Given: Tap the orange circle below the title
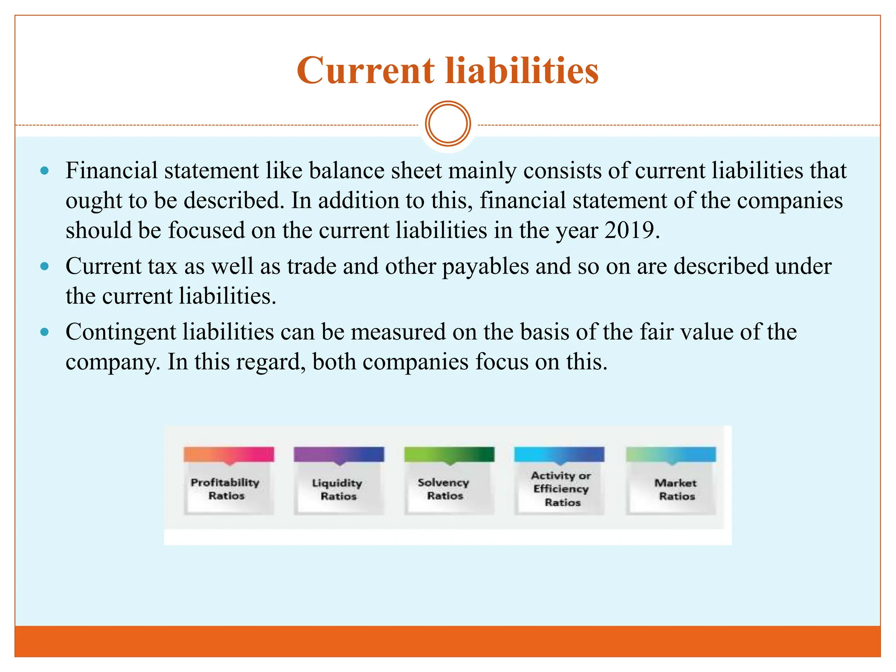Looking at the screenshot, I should coord(448,124).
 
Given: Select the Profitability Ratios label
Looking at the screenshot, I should coord(226,489).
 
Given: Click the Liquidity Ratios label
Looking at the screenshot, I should coord(338,490).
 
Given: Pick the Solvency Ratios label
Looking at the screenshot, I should coord(444,489).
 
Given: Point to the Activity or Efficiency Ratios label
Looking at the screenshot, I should coord(561,489).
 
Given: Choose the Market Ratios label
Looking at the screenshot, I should coord(676,490).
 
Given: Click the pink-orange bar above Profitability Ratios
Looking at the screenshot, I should coord(229,454).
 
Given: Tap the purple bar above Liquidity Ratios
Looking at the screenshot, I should coord(339,454).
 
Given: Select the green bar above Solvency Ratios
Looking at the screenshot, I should coord(449,454).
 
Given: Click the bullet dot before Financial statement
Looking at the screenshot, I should coord(44,171).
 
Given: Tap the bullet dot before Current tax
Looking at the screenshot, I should coord(44,266).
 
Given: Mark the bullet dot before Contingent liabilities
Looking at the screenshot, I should coord(44,332).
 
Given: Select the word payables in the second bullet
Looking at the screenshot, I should coord(486,266).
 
